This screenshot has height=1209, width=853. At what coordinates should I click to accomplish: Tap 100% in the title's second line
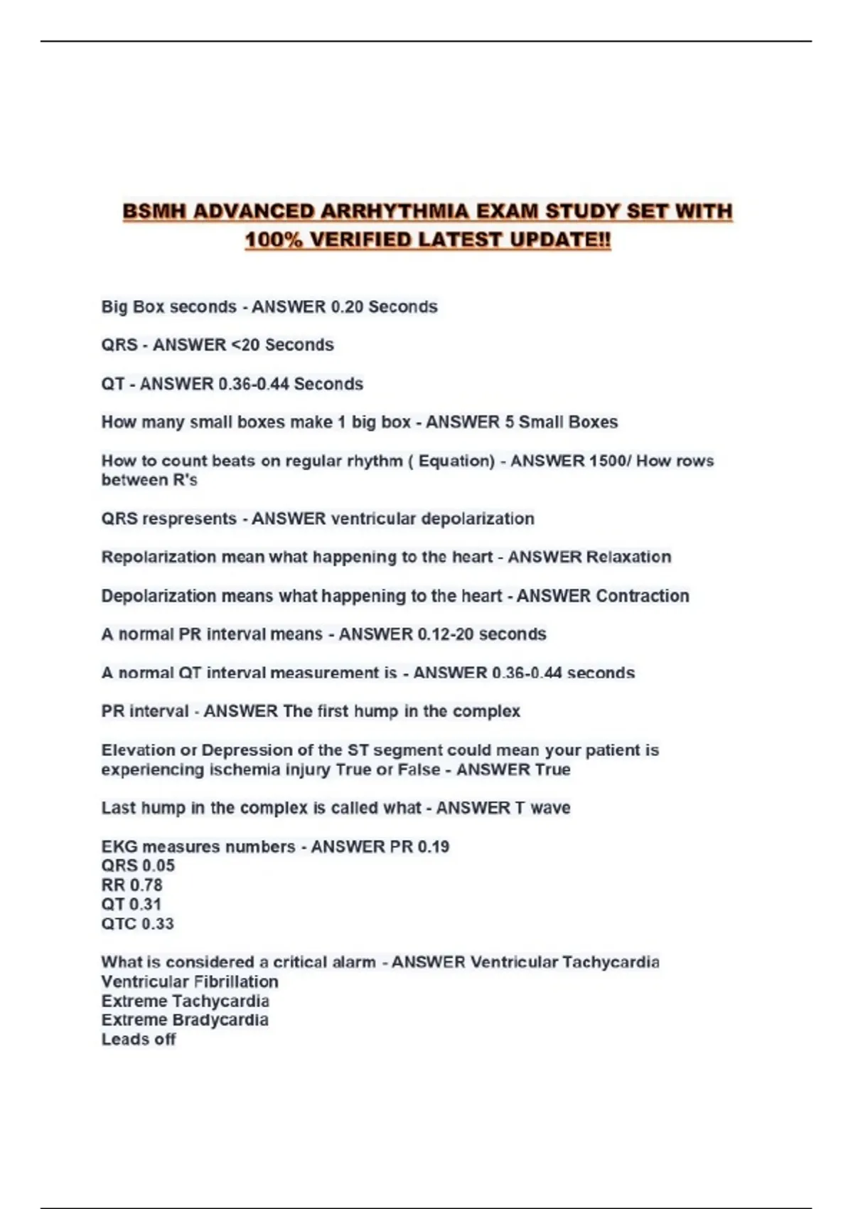pos(273,240)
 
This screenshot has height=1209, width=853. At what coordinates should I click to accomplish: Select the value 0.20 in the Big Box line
pos(347,307)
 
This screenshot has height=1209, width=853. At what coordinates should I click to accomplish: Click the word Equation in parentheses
pos(455,461)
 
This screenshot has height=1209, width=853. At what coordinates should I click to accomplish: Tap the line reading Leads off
pos(139,1040)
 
